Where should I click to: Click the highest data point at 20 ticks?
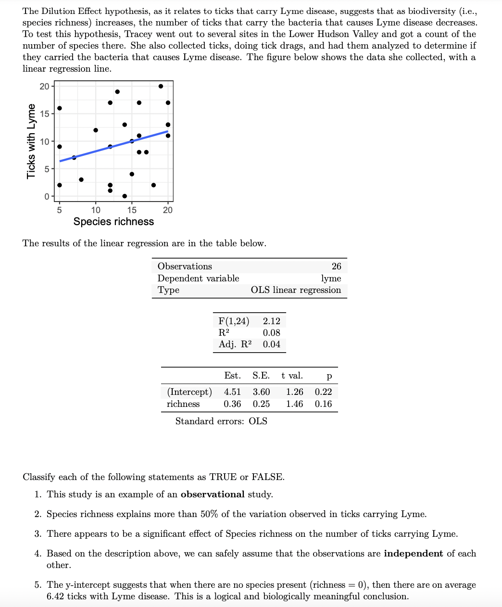(x=161, y=86)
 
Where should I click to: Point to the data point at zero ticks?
(x=125, y=196)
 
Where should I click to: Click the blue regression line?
(x=96, y=151)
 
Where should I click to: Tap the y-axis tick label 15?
(x=44, y=114)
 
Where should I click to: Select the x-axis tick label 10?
(x=96, y=210)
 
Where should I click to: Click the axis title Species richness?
(x=113, y=222)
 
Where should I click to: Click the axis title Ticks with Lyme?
(x=31, y=141)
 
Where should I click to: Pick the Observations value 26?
(x=336, y=266)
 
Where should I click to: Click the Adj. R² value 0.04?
(x=271, y=344)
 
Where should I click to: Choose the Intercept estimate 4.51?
(x=232, y=392)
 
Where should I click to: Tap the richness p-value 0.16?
(x=323, y=404)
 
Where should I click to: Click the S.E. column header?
(x=261, y=376)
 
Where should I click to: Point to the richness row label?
(x=183, y=404)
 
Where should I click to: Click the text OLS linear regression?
(x=296, y=290)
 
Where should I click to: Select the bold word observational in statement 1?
(x=213, y=494)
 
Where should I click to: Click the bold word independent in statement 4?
(x=413, y=554)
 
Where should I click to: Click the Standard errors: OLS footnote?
(x=221, y=421)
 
